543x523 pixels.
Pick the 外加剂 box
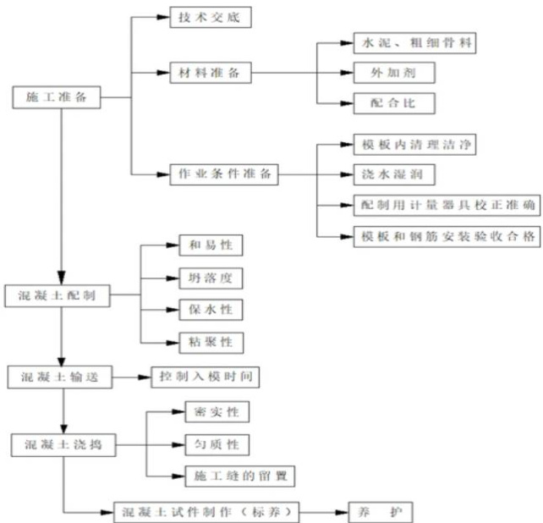click(x=394, y=73)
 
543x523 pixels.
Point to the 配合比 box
click(x=394, y=103)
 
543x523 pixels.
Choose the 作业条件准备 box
click(x=223, y=173)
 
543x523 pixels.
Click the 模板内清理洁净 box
click(x=416, y=145)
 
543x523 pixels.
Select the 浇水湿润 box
click(x=394, y=174)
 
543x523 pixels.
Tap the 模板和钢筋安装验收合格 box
click(x=446, y=235)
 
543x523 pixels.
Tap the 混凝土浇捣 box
click(x=63, y=443)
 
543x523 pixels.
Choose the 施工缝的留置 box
click(x=239, y=476)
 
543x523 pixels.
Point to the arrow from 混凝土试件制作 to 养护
click(x=325, y=512)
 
